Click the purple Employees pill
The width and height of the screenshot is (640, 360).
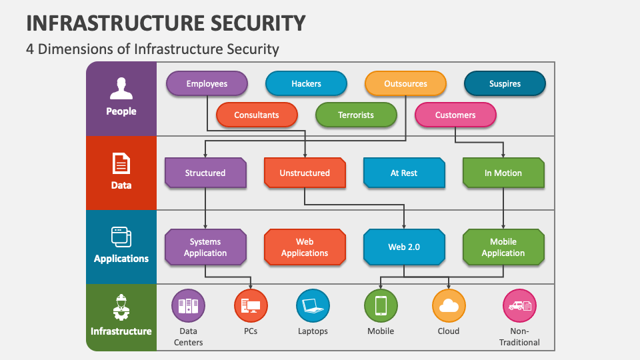click(207, 84)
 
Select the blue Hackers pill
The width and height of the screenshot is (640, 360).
click(306, 84)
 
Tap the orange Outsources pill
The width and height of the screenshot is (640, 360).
click(405, 84)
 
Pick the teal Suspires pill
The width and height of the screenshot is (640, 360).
click(505, 84)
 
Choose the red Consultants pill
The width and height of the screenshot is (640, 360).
click(257, 115)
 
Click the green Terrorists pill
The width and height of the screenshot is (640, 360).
click(356, 115)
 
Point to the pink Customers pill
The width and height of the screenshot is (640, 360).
click(455, 115)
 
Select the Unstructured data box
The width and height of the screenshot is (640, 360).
click(305, 173)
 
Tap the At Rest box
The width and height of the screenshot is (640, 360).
click(404, 173)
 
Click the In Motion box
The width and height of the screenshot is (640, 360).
click(503, 173)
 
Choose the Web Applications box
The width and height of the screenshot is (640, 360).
click(305, 247)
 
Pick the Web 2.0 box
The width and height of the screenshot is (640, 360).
click(404, 247)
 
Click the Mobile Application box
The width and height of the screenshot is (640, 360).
click(503, 247)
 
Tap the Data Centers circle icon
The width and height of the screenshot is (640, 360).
click(189, 306)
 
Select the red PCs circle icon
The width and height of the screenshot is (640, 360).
click(251, 306)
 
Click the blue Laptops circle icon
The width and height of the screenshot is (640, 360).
click(313, 306)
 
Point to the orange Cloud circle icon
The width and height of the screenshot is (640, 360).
click(449, 306)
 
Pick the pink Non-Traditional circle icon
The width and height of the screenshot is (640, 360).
click(519, 306)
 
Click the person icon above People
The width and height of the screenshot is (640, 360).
click(121, 88)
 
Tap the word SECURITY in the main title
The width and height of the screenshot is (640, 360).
click(248, 23)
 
